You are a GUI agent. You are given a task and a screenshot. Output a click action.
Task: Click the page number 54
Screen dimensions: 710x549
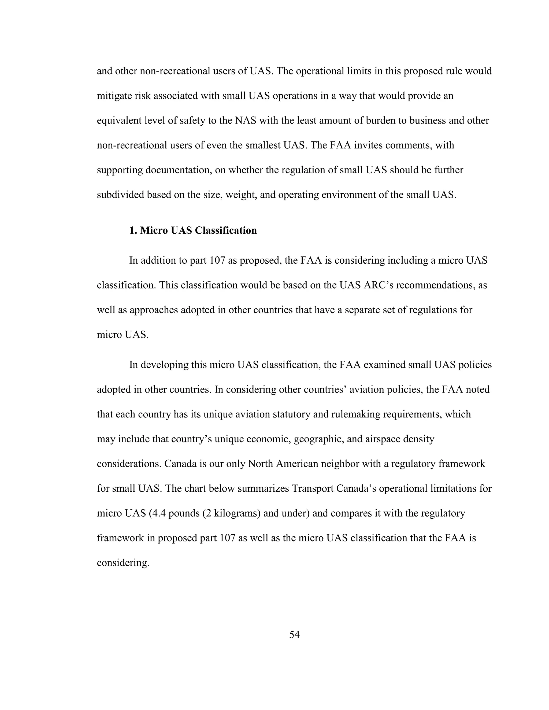(x=294, y=634)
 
